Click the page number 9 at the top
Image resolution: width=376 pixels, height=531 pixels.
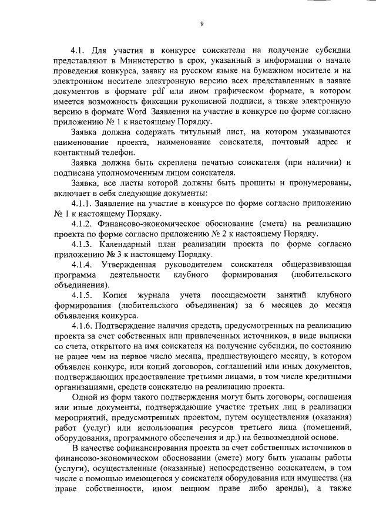pos(202,23)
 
